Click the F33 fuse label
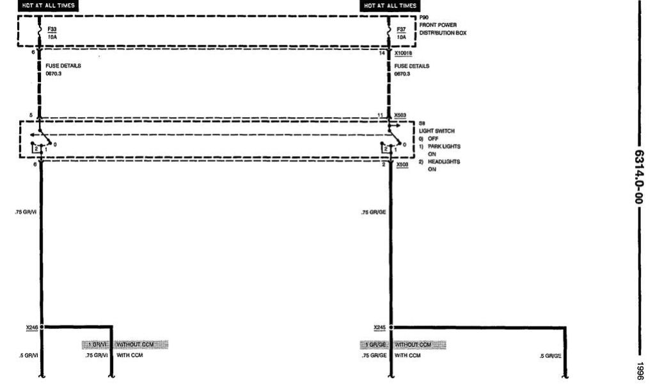[x=52, y=29]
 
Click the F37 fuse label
[x=401, y=29]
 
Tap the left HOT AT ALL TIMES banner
[x=49, y=6]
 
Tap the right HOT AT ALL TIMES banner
[x=390, y=6]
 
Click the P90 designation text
[x=424, y=19]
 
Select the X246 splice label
[x=31, y=328]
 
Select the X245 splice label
[x=379, y=328]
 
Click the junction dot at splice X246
[x=42, y=327]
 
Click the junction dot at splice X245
[x=390, y=327]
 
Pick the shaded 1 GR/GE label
[x=375, y=345]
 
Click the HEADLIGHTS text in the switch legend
[x=443, y=162]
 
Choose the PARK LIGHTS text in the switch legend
[x=444, y=147]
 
